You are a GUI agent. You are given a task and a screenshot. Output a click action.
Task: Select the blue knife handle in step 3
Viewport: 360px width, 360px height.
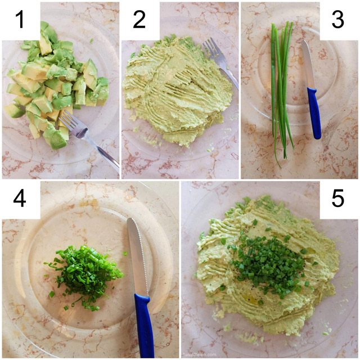pos(313,112)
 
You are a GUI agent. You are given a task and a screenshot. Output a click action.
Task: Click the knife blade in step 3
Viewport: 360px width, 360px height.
pos(308,62)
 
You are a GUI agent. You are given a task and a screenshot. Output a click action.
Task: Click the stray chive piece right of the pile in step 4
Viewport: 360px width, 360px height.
pos(125,254)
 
